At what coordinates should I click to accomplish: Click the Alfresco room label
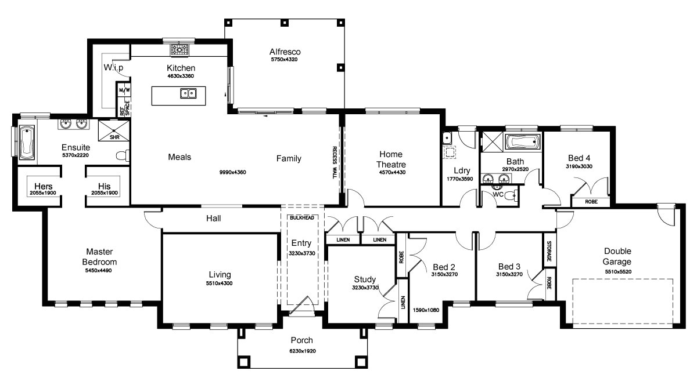[x=285, y=51]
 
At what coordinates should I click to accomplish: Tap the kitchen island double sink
[x=188, y=93]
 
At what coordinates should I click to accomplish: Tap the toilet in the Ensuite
[x=121, y=155]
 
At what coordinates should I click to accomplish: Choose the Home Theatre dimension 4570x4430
[x=392, y=172]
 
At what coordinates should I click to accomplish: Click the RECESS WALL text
[x=335, y=162]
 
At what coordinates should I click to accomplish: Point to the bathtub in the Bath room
[x=523, y=142]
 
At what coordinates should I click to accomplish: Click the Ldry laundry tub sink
[x=447, y=139]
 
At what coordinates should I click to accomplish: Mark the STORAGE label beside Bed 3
[x=549, y=250]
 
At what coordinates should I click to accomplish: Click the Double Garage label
[x=617, y=256]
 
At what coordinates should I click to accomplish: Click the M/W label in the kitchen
[x=123, y=91]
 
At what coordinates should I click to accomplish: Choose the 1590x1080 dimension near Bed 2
[x=427, y=310]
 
